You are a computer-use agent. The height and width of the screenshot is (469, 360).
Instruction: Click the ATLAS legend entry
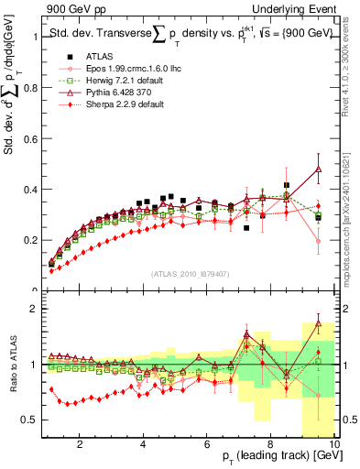tap(87, 57)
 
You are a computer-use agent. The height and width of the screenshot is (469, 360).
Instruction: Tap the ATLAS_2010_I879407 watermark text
tap(190, 273)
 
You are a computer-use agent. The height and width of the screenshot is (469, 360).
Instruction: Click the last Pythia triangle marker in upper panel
tap(318, 169)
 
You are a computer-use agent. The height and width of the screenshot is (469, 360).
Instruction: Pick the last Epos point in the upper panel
tap(318, 241)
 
